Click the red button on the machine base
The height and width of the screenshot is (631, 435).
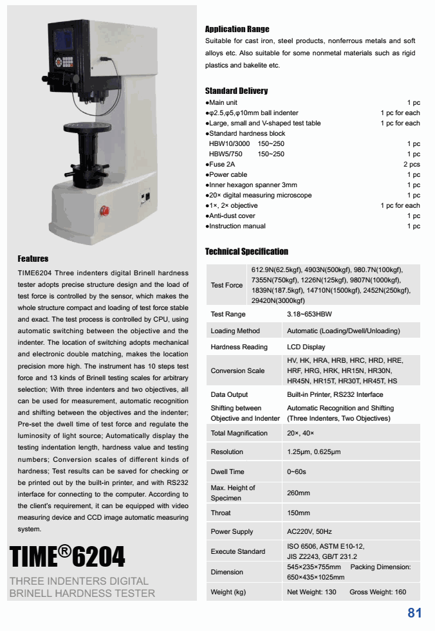pyautogui.click(x=105, y=210)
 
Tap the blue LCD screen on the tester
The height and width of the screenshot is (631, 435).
pyautogui.click(x=66, y=41)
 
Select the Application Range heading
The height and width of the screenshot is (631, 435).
pyautogui.click(x=237, y=29)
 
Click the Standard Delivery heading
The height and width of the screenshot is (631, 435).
pyautogui.click(x=236, y=91)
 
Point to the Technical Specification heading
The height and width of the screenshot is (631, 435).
pyautogui.click(x=246, y=251)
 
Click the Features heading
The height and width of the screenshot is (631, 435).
pyautogui.click(x=33, y=259)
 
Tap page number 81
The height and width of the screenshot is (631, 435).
pyautogui.click(x=414, y=613)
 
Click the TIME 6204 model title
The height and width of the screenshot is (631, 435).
pyautogui.click(x=68, y=556)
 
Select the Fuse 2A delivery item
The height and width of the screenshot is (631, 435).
pyautogui.click(x=223, y=165)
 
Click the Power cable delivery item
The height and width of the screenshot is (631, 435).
pyautogui.click(x=228, y=175)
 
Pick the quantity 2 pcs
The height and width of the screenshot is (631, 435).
pyautogui.click(x=412, y=165)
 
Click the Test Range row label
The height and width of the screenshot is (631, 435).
pyautogui.click(x=228, y=315)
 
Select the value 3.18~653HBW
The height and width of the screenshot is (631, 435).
pyautogui.click(x=310, y=315)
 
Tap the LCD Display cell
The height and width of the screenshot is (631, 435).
pyautogui.click(x=306, y=347)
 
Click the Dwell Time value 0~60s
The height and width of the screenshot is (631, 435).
pyautogui.click(x=297, y=472)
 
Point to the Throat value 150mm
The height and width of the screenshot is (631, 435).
pyautogui.click(x=299, y=513)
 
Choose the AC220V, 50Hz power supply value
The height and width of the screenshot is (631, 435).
pyautogui.click(x=310, y=532)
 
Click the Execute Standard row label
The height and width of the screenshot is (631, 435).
pyautogui.click(x=238, y=552)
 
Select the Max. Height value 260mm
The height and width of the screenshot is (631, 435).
pyautogui.click(x=299, y=493)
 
